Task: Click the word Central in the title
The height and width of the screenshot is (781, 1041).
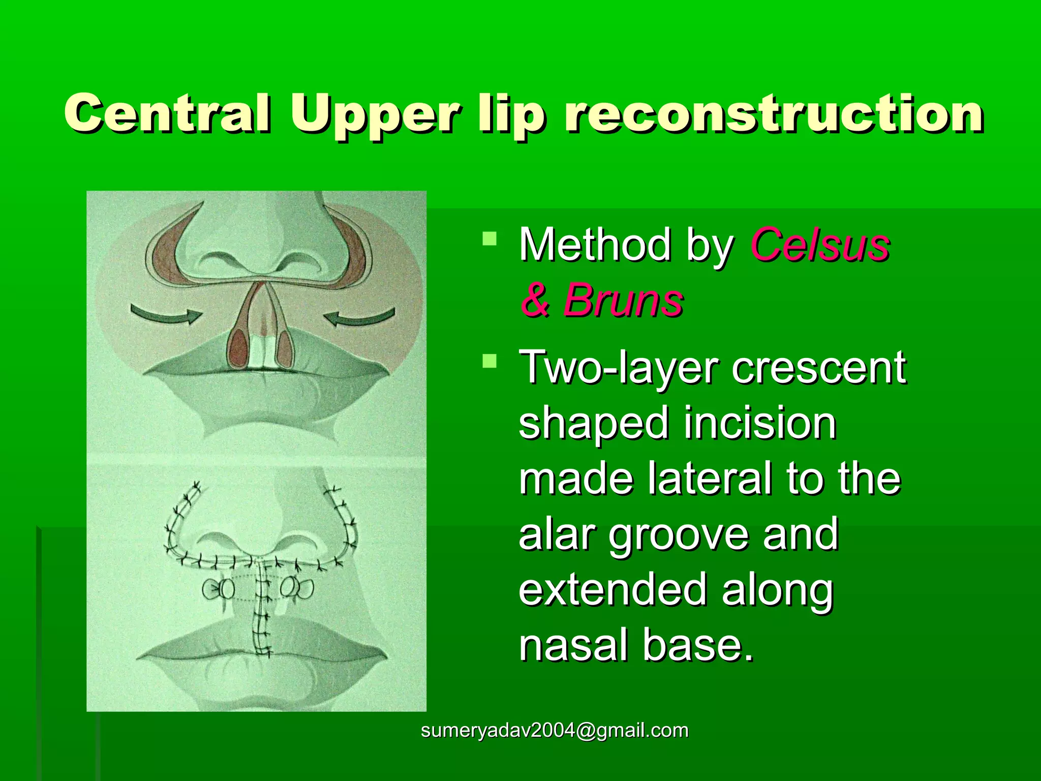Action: [167, 113]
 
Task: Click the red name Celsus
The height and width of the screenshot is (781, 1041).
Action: [820, 245]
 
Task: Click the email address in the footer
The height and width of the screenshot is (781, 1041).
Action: [555, 731]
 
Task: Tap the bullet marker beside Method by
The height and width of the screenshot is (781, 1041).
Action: [489, 238]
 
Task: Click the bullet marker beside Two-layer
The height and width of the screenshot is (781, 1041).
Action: [489, 361]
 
